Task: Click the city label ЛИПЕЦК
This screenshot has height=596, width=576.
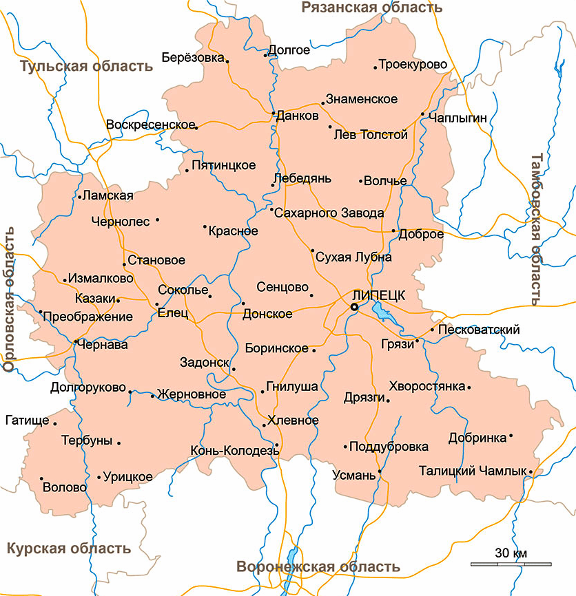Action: point(378,293)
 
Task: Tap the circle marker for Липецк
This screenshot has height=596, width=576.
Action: point(354,307)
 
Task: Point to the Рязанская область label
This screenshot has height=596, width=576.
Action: point(372,8)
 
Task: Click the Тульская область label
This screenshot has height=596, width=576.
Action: point(86,66)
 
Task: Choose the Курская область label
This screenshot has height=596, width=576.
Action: point(68,549)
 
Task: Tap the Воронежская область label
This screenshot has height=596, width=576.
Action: point(318,567)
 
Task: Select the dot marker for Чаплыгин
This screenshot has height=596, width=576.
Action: point(423,114)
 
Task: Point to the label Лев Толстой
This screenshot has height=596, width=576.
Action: point(371,135)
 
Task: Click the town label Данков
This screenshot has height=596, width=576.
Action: point(297,116)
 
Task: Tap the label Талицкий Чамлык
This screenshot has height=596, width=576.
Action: point(472,471)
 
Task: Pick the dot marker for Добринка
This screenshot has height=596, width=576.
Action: point(511,436)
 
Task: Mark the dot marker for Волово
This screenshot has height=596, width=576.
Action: point(41,478)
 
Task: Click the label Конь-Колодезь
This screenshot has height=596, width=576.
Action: point(232,451)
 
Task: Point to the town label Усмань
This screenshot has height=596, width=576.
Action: point(354,475)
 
